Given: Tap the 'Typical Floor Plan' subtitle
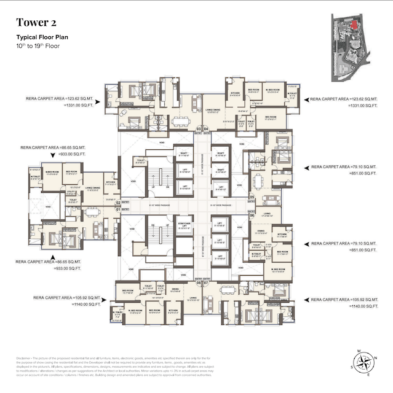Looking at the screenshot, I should [x=42, y=37].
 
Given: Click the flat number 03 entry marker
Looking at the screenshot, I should [x=199, y=129].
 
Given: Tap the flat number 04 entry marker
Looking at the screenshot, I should [x=206, y=129].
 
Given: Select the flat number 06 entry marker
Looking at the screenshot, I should [x=252, y=216].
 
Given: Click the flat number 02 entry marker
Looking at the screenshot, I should [x=118, y=202].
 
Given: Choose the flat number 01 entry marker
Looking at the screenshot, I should [x=118, y=209].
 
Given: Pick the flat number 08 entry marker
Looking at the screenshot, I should [x=199, y=282].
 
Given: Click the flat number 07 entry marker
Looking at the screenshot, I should [x=206, y=282].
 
